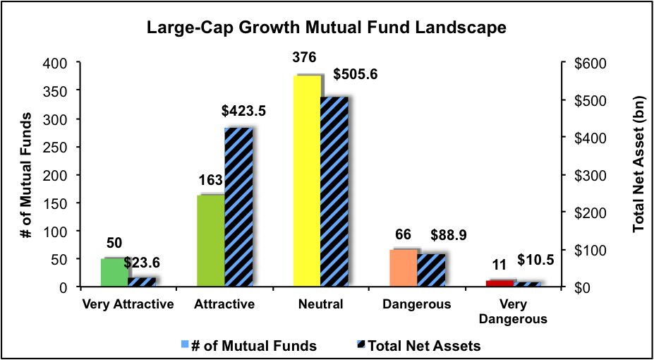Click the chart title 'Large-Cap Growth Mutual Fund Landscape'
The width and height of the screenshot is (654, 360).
click(327, 29)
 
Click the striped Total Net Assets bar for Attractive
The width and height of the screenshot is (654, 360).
click(238, 208)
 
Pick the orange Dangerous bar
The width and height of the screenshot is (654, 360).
click(403, 268)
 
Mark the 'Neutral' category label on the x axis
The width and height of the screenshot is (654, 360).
click(320, 305)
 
